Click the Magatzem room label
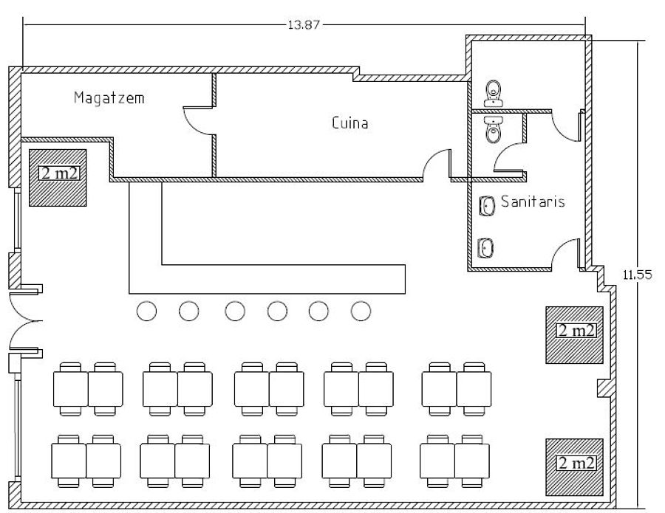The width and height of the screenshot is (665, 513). coord(109,98)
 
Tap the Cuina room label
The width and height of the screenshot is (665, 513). coord(349,123)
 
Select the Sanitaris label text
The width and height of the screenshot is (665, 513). coord(533,201)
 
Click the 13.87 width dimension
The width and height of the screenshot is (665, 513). coord(303,24)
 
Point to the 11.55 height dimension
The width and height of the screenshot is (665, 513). coord(636,275)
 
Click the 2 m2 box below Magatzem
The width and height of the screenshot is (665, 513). coord(58,177)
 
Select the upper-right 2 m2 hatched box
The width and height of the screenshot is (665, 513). coord(575,334)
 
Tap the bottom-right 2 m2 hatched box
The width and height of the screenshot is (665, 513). coord(575,466)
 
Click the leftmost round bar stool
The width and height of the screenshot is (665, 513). coord(147,311)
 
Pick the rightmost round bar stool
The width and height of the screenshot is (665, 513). coord(361,311)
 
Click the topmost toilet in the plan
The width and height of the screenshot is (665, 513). coord(494,93)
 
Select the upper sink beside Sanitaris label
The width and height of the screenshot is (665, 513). coord(486,206)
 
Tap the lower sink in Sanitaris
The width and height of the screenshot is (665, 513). coord(486,247)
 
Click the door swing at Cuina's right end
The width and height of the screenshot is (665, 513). coord(437,164)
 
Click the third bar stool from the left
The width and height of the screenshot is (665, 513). coord(235,311)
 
